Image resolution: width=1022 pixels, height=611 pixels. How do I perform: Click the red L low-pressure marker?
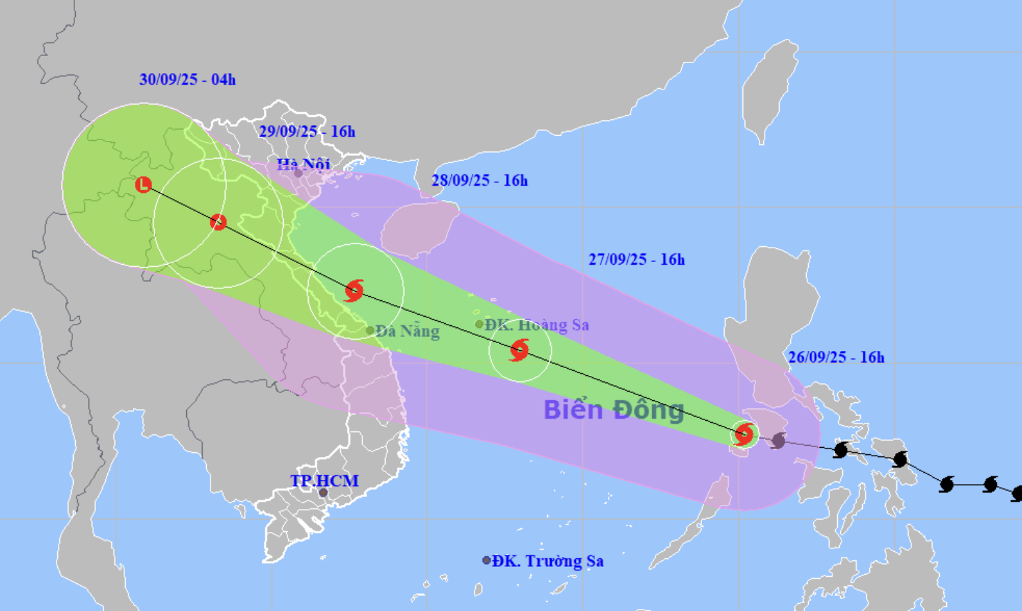pyautogui.click(x=143, y=185)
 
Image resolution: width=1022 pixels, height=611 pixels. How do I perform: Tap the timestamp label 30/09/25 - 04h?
pyautogui.click(x=188, y=80)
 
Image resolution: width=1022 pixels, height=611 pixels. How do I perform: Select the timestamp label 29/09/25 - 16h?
pyautogui.click(x=307, y=132)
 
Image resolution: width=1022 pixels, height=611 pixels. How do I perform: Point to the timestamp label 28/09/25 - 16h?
pyautogui.click(x=480, y=180)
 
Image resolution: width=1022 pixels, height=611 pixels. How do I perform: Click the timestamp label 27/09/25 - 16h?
pyautogui.click(x=636, y=259)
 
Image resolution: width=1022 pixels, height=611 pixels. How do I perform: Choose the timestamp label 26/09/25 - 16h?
pyautogui.click(x=836, y=358)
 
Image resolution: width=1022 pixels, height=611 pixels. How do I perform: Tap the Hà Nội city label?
pyautogui.click(x=303, y=164)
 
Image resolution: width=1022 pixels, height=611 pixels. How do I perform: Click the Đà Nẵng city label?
pyautogui.click(x=407, y=331)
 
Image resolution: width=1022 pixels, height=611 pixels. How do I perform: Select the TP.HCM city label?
pyautogui.click(x=324, y=481)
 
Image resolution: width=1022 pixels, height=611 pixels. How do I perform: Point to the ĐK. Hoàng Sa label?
pyautogui.click(x=536, y=325)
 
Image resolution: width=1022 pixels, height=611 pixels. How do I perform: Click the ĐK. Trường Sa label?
pyautogui.click(x=548, y=561)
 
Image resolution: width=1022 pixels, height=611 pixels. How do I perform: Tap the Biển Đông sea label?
pyautogui.click(x=613, y=410)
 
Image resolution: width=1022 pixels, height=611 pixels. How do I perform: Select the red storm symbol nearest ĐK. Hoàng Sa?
pyautogui.click(x=519, y=350)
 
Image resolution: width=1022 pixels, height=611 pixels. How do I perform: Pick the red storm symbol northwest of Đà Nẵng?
pyautogui.click(x=354, y=290)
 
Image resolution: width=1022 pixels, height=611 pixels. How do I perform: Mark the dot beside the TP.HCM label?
pyautogui.click(x=323, y=492)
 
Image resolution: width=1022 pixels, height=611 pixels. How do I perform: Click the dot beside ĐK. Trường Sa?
pyautogui.click(x=486, y=560)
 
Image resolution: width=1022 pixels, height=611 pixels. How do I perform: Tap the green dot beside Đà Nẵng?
pyautogui.click(x=370, y=331)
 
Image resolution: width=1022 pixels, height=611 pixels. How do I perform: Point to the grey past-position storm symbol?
pyautogui.click(x=779, y=440)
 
